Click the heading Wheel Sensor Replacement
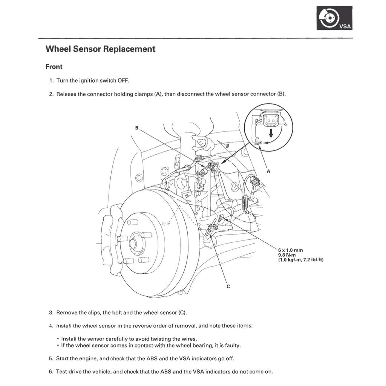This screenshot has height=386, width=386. coord(100,49)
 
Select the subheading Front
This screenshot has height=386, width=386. coord(54,67)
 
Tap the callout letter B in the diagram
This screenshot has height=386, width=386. coord(137,128)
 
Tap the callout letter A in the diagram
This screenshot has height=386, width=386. coord(268,171)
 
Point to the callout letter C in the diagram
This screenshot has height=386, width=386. coord(228,286)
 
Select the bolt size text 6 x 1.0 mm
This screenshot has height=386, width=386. coord(290,250)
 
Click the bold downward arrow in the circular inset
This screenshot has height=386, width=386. coord(270,133)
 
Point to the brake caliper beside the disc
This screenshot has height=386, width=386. coord(109,237)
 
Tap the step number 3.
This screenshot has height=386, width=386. coord(51,312)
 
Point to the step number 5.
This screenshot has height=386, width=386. coord(51,358)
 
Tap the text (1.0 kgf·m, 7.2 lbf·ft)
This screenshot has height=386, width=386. coord(300,260)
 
